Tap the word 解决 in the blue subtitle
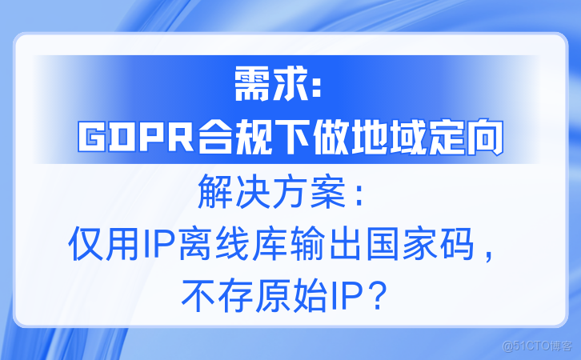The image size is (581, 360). tap(226, 192)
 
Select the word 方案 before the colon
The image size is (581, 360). tap(304, 192)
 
